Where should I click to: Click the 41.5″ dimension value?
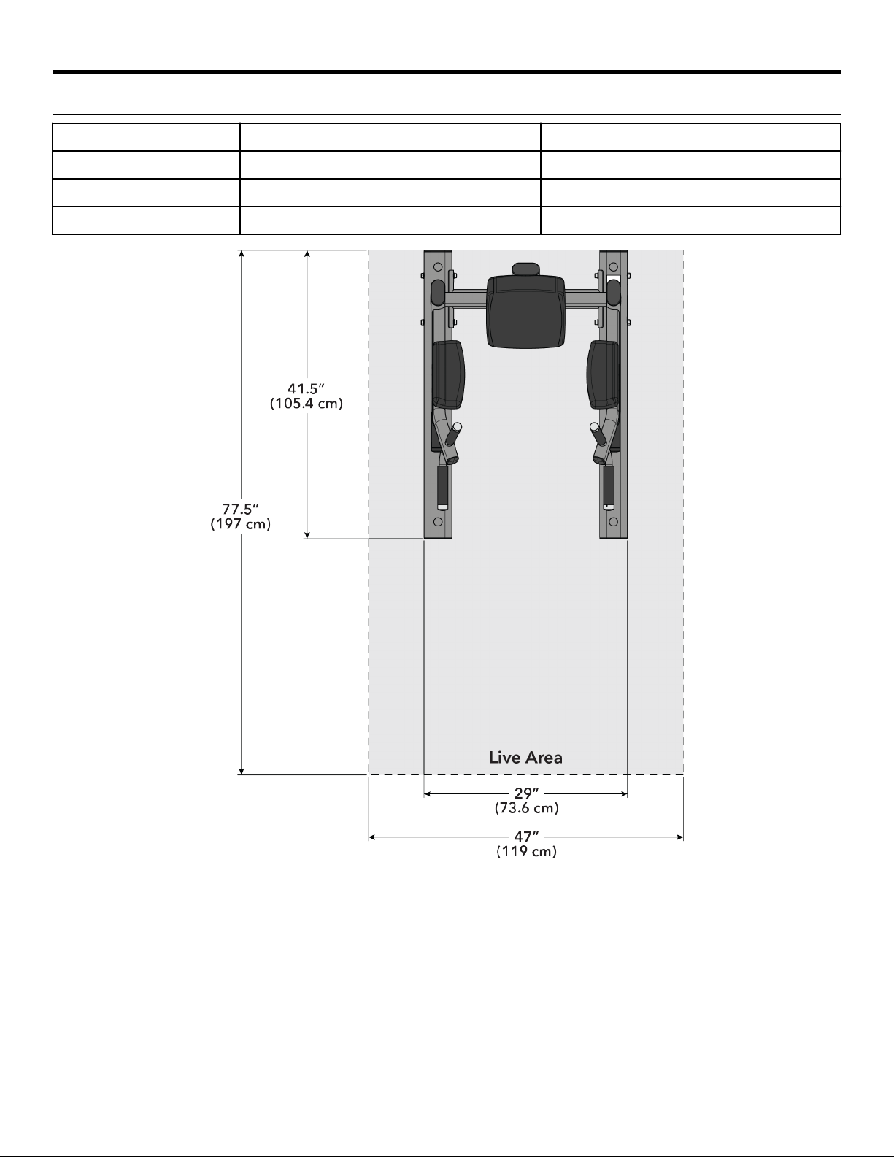click(306, 388)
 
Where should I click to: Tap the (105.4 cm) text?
click(307, 404)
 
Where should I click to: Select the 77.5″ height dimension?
click(241, 510)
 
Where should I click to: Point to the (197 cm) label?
click(241, 524)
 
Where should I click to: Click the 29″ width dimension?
click(526, 793)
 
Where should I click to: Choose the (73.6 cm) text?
click(527, 808)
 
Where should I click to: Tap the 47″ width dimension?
click(526, 837)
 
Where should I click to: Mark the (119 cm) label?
click(527, 852)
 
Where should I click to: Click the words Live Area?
click(525, 758)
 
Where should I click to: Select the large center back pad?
click(525, 312)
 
